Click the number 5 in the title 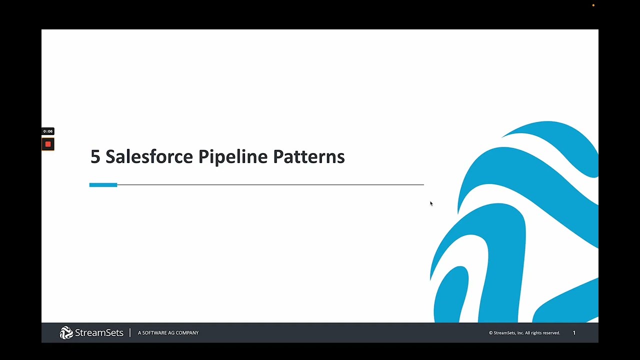95,156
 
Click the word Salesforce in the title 149,156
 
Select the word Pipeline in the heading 232,156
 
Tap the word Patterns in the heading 308,156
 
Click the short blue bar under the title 103,185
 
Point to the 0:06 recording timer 48,131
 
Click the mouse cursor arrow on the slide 431,203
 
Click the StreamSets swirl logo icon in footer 66,332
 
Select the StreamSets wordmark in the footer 99,332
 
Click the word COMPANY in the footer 187,333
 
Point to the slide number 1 574,333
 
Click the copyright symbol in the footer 490,333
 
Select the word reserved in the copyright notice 550,333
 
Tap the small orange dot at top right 593,5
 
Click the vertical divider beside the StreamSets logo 130,332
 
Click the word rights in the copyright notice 535,333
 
